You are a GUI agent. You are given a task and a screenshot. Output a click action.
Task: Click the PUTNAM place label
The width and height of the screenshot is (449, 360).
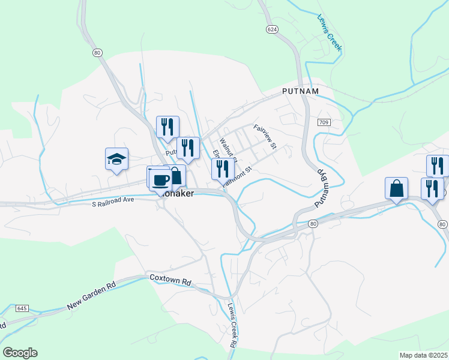pos(300,91)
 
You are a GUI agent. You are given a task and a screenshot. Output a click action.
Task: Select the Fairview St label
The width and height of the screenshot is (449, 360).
pos(265,136)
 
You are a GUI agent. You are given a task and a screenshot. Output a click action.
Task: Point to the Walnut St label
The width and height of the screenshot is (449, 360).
pos(228,150)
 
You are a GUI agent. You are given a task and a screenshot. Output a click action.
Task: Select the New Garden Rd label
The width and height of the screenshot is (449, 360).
pos(91,296)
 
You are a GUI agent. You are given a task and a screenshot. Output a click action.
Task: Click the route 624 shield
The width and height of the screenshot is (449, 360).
pos(272,29)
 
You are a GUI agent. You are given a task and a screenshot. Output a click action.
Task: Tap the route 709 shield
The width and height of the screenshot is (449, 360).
pos(324,122)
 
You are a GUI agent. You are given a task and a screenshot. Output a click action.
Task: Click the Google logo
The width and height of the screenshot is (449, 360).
pos(20,353)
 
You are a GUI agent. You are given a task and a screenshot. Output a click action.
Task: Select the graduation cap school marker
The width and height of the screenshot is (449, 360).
pos(116,159)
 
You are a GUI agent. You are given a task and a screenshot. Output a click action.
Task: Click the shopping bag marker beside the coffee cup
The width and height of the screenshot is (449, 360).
pos(175,176)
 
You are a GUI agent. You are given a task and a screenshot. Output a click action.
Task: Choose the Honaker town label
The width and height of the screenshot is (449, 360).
pos(178,194)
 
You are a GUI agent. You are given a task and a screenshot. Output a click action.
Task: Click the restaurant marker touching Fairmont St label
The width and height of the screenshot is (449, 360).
pos(223,169)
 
